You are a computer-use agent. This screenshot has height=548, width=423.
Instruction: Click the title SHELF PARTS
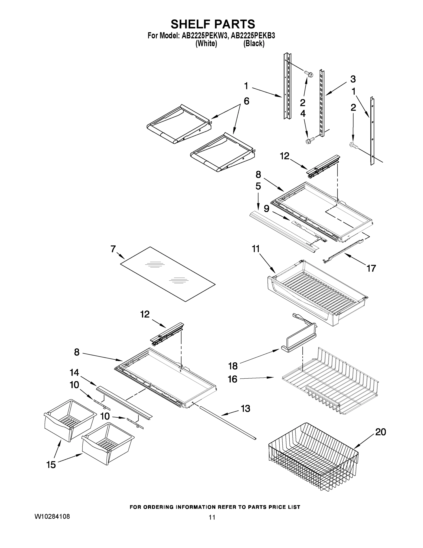213,24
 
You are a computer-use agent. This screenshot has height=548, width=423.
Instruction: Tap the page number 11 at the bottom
212,517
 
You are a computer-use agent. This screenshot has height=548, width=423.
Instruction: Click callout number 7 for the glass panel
113,249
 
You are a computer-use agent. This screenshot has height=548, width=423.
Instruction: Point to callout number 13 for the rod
245,408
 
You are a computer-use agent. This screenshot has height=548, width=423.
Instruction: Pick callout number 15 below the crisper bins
51,465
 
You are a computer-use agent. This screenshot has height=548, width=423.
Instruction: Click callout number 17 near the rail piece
371,268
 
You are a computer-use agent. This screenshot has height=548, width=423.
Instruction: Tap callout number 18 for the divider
233,366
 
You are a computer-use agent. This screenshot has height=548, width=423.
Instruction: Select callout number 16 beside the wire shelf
232,379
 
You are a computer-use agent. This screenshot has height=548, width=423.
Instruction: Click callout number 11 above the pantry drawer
256,249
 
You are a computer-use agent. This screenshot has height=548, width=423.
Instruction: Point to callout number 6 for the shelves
246,101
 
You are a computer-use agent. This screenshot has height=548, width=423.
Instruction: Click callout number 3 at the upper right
353,79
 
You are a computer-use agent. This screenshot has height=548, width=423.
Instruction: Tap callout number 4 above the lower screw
303,113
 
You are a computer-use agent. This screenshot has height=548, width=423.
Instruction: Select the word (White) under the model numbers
206,44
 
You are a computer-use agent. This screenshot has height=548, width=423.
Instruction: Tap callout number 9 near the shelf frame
266,208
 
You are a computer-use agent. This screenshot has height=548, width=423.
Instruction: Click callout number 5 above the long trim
258,186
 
